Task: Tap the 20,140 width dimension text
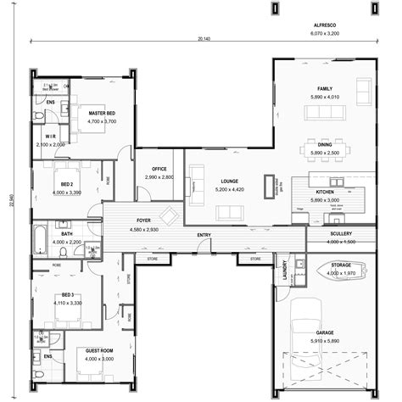pyautogui.click(x=202, y=38)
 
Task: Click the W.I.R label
pyautogui.click(x=49, y=137)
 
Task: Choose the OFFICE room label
pyautogui.click(x=159, y=169)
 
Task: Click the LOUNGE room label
pyautogui.click(x=228, y=181)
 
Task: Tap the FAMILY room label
pyautogui.click(x=325, y=88)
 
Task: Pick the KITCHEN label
pyautogui.click(x=325, y=193)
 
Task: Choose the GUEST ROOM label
pyautogui.click(x=98, y=349)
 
